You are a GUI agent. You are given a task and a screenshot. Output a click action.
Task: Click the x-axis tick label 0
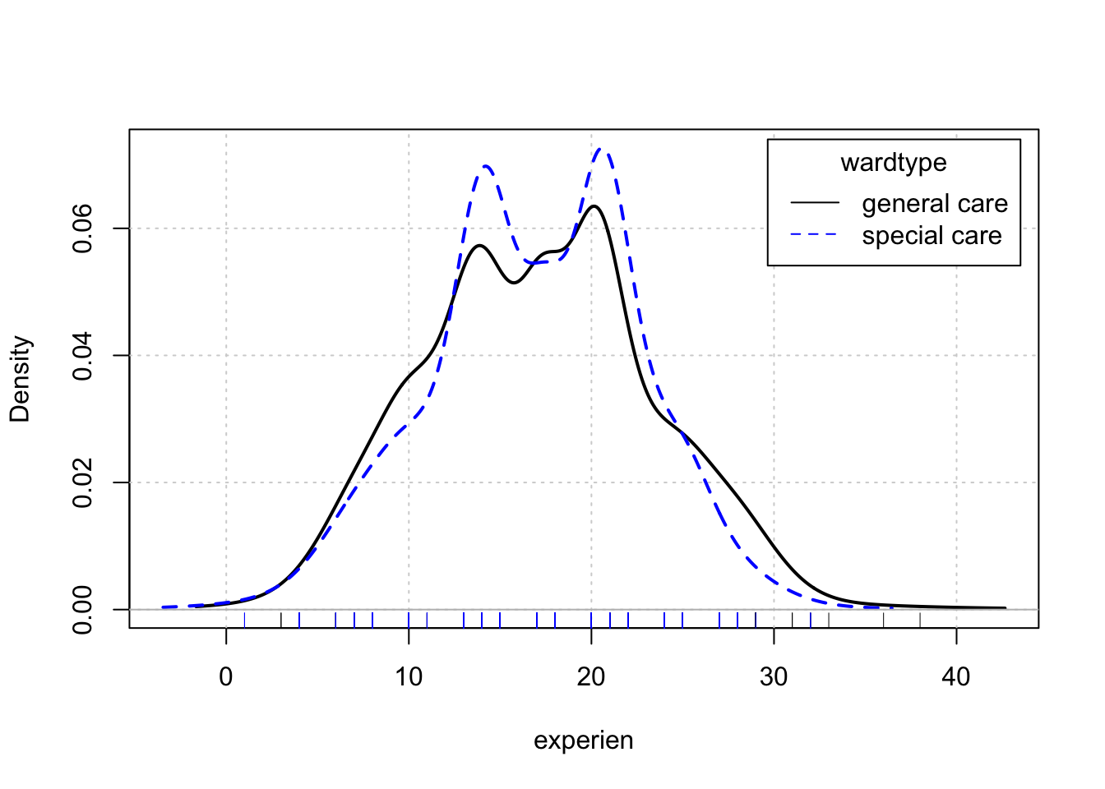click(226, 677)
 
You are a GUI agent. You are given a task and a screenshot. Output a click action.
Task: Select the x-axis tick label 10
click(409, 677)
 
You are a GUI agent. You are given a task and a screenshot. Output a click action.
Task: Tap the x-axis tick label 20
click(591, 677)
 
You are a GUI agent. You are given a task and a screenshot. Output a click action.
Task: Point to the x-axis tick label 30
click(774, 677)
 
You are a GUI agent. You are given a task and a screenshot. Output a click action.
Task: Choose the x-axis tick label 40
click(956, 677)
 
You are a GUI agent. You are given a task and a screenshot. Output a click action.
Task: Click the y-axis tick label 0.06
click(82, 228)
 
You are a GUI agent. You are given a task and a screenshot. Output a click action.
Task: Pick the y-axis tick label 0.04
click(82, 356)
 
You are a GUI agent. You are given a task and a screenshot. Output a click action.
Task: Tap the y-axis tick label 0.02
click(82, 482)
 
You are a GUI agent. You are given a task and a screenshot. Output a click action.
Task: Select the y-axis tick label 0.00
click(82, 610)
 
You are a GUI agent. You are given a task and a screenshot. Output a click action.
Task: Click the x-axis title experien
click(584, 741)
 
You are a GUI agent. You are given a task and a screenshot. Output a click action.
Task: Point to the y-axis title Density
click(20, 379)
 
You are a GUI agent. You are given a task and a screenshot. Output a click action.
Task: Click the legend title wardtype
click(894, 163)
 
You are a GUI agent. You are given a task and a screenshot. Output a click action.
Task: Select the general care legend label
click(935, 204)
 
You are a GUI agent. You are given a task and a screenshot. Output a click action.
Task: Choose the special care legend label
click(932, 236)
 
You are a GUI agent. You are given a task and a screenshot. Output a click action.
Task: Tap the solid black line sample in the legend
click(815, 203)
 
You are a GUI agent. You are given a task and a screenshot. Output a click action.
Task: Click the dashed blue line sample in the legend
click(815, 235)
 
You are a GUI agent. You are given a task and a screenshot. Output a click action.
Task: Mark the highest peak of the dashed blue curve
click(602, 150)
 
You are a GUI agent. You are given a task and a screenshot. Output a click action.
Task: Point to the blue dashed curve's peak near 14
click(486, 166)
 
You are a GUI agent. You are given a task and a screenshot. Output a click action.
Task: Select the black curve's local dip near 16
click(514, 283)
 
